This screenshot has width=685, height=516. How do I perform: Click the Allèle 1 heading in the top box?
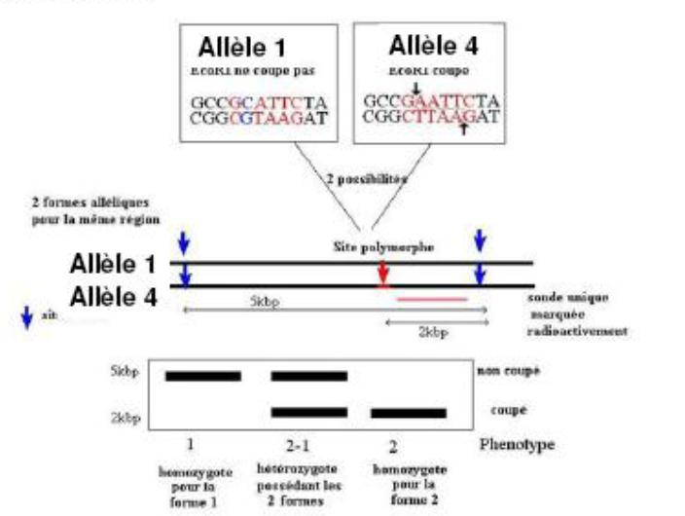tap(249, 46)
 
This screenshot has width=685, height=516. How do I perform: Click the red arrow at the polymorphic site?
tap(383, 276)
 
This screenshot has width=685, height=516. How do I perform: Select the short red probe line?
tap(432, 299)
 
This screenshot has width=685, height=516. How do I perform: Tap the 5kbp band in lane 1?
tap(202, 376)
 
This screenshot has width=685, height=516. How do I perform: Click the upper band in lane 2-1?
tap(308, 376)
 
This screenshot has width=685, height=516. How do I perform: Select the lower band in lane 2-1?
tap(308, 412)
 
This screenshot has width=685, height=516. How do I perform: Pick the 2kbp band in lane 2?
tap(408, 413)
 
